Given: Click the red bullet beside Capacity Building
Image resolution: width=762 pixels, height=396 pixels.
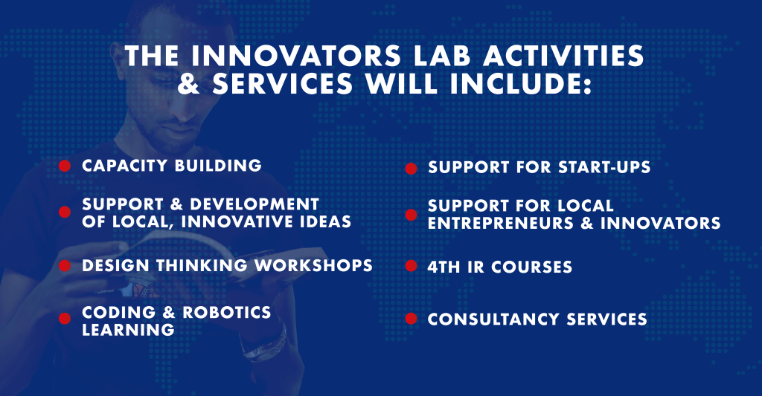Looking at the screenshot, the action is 65,166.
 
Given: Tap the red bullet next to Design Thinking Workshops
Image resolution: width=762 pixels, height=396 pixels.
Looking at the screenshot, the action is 65,266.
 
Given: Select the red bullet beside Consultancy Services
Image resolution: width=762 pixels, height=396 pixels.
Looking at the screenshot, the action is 411,319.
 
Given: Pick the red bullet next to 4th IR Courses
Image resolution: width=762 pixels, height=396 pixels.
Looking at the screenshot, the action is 411,266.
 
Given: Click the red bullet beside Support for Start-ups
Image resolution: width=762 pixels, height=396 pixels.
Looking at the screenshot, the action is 411,169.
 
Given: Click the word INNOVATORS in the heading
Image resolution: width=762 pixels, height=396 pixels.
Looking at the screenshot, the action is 295,56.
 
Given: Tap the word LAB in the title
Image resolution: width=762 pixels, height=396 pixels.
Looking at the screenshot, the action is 441,56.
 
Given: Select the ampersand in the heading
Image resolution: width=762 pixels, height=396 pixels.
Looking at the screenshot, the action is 189,83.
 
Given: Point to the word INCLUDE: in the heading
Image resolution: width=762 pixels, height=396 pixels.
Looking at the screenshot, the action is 520,83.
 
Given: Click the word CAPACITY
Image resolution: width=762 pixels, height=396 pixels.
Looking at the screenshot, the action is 124,166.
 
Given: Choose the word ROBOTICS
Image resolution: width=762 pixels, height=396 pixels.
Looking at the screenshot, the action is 226,312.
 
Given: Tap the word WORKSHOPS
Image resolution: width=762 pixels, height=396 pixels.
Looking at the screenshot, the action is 313,265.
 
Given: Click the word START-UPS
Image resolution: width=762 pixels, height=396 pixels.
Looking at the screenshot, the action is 604,167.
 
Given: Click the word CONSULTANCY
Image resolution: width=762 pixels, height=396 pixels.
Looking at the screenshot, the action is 493,319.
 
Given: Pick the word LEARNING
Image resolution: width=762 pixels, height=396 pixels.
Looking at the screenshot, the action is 128,330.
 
